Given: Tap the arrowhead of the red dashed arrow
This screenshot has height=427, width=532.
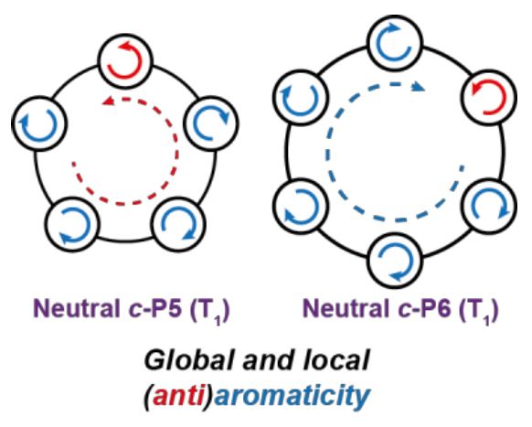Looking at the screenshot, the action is [x=108, y=101].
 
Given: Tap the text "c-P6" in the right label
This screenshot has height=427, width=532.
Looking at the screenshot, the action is [x=422, y=309].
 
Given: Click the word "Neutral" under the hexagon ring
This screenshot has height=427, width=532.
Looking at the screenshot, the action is [x=344, y=309].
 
